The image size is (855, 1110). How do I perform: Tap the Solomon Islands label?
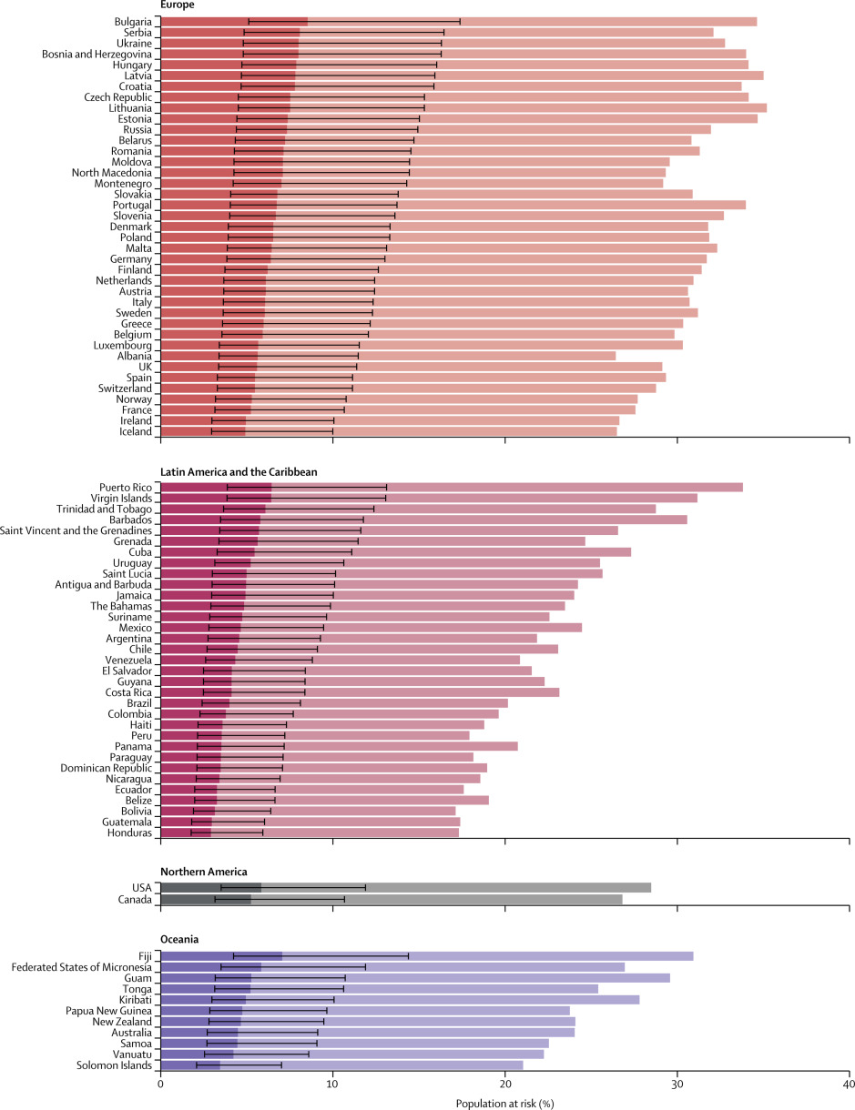(114, 1065)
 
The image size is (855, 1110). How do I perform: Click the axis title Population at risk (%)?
(504, 1103)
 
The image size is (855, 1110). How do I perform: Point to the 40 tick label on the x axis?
(849, 1085)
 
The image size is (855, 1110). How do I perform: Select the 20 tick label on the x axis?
(504, 1085)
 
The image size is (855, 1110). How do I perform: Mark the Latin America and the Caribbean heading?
(239, 471)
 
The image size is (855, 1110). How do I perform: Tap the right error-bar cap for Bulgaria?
(460, 21)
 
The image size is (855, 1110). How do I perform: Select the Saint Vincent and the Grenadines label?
(77, 530)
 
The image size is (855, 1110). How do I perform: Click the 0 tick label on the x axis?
(161, 1085)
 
